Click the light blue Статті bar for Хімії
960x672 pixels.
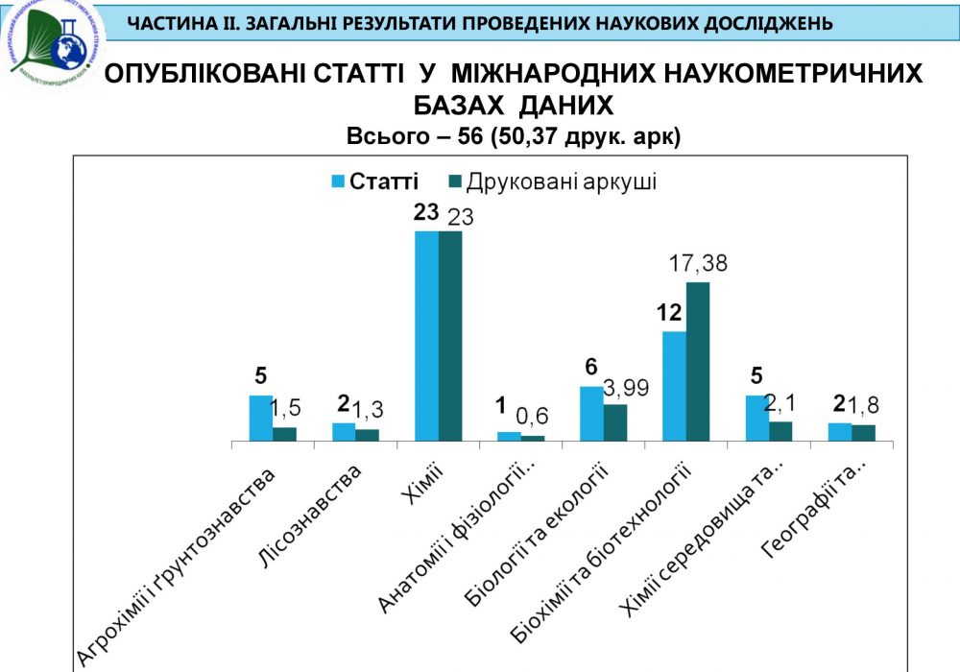click(x=426, y=336)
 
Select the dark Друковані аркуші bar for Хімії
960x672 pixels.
click(x=450, y=336)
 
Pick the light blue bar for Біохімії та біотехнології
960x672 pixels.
click(x=675, y=386)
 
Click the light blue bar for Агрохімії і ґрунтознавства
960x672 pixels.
click(x=261, y=418)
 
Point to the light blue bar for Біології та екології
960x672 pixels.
click(x=591, y=414)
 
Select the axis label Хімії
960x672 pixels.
click(x=421, y=491)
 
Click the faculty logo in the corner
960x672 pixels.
click(x=53, y=43)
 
